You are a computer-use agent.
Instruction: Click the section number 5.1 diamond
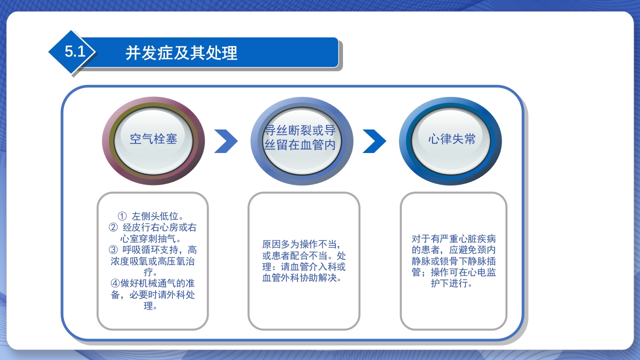[73, 52]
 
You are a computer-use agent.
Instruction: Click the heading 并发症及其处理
[181, 52]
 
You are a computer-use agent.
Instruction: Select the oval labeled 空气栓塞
[153, 139]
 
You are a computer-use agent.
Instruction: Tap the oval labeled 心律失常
[451, 139]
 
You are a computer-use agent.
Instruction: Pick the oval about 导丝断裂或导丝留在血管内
[302, 139]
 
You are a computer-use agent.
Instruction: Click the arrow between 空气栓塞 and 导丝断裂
[225, 141]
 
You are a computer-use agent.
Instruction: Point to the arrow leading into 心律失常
[374, 141]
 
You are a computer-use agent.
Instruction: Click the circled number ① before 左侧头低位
[122, 216]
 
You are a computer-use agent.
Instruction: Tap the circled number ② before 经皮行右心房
[113, 227]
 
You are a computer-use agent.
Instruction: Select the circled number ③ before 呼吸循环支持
[113, 249]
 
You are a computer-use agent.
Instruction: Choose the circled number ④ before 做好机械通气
[114, 283]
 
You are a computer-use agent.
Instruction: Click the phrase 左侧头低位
[157, 216]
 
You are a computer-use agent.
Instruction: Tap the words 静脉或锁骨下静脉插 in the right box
[453, 261]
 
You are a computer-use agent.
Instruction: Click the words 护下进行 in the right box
[451, 283]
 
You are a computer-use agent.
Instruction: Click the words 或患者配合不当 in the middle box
[295, 255]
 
